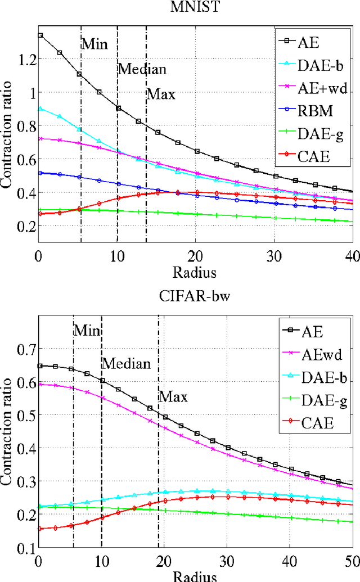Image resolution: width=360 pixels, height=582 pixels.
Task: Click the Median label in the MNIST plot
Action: click(x=142, y=70)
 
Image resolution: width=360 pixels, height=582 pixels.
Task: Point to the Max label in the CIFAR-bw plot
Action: click(x=173, y=397)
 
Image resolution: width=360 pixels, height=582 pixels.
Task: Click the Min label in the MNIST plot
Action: click(x=94, y=44)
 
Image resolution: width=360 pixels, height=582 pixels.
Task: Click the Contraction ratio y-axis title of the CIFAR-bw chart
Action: click(x=7, y=433)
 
